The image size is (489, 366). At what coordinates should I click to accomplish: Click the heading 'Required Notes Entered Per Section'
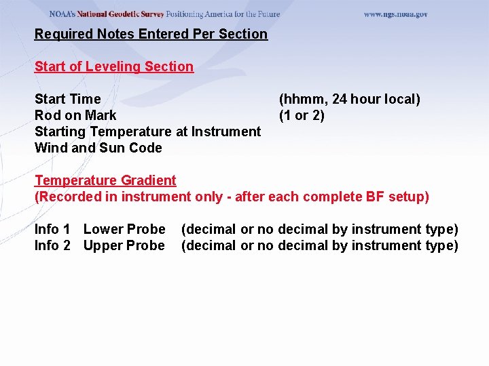click(x=151, y=34)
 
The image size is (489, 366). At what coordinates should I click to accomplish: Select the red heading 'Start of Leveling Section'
click(x=114, y=66)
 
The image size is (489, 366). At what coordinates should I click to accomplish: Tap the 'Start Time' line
click(x=67, y=99)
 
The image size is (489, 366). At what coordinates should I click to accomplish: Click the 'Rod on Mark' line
click(x=75, y=115)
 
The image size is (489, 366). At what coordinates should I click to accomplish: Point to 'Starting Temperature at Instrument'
click(x=147, y=131)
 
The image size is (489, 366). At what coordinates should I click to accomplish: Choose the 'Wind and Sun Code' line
click(x=98, y=148)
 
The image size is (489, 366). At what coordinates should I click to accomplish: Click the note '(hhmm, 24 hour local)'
click(x=350, y=99)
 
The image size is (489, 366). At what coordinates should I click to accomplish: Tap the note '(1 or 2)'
click(x=302, y=115)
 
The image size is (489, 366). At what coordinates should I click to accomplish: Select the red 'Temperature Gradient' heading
click(x=105, y=180)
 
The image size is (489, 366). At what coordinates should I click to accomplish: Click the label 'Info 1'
click(x=52, y=229)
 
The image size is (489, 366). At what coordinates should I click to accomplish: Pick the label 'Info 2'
click(x=52, y=245)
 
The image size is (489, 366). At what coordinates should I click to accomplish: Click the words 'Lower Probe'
click(x=124, y=229)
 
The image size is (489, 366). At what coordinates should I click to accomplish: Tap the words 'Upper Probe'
click(x=124, y=245)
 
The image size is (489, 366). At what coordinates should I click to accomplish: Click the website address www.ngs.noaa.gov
click(x=395, y=14)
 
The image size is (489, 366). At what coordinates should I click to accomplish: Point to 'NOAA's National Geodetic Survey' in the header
click(x=107, y=14)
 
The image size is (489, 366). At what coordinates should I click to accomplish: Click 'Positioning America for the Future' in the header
click(x=223, y=14)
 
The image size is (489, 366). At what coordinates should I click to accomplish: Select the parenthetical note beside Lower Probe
click(x=319, y=229)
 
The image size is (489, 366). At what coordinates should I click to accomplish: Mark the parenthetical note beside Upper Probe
click(x=319, y=245)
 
